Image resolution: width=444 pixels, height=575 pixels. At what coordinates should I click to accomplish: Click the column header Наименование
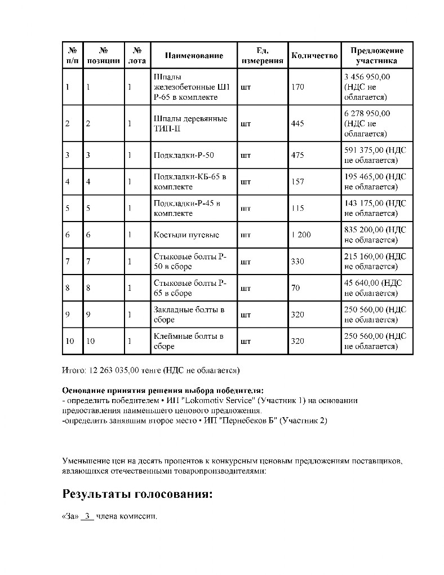click(194, 55)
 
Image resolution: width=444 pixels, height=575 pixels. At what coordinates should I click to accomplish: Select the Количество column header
click(314, 55)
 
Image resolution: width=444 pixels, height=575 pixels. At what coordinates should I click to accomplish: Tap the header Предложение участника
click(376, 55)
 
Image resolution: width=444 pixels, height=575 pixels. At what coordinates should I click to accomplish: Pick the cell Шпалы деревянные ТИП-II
click(190, 123)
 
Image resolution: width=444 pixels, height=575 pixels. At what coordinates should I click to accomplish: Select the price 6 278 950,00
click(367, 113)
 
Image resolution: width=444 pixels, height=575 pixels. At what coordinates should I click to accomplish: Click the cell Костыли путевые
click(186, 235)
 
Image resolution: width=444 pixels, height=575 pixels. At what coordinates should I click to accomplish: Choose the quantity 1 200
click(301, 235)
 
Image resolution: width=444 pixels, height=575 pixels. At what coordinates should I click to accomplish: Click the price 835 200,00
click(365, 230)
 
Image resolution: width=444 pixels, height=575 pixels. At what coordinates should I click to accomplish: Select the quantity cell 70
click(295, 288)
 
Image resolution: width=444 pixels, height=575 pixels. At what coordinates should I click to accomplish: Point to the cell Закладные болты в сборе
click(189, 315)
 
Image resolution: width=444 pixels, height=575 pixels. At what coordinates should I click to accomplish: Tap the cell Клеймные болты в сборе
click(189, 341)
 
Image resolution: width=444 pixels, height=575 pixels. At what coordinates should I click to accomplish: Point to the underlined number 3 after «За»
click(87, 516)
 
